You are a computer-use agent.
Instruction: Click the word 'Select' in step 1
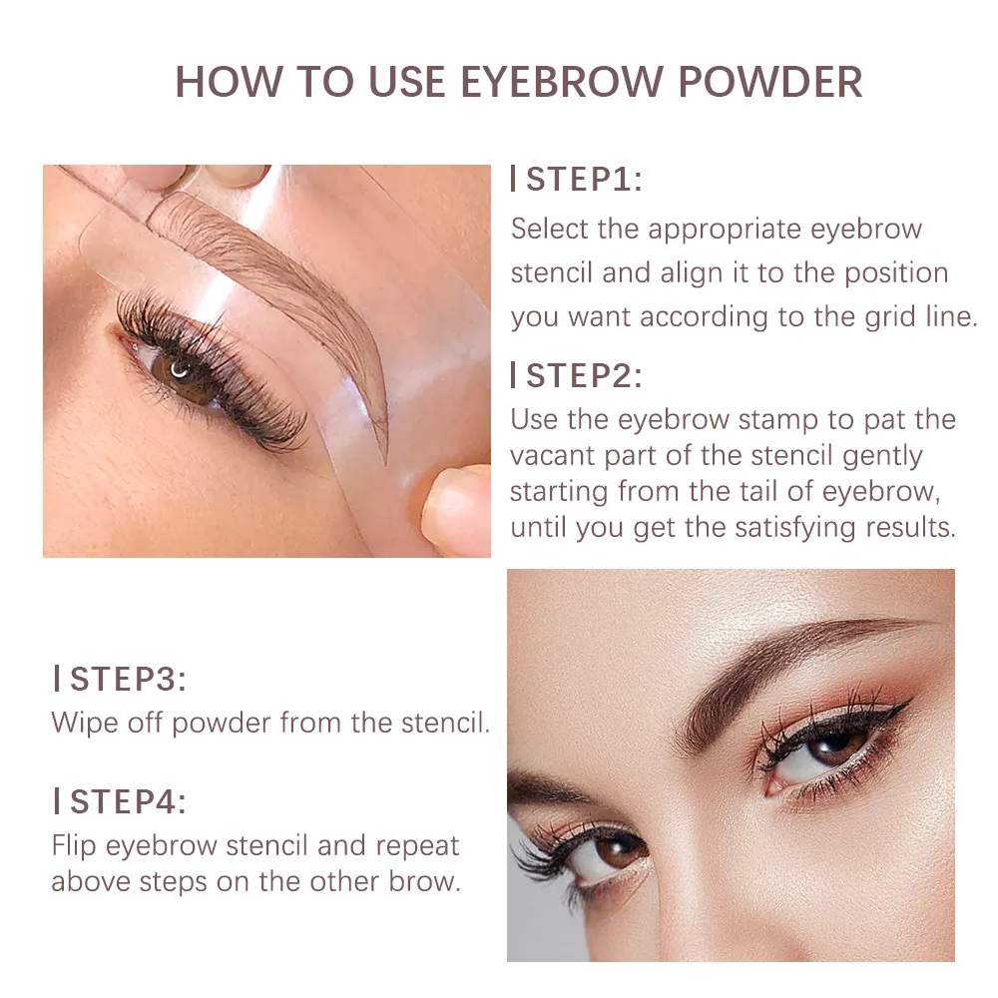pos(550,229)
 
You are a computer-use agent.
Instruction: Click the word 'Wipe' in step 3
pos(84,723)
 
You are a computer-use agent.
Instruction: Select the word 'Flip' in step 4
pos(74,845)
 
